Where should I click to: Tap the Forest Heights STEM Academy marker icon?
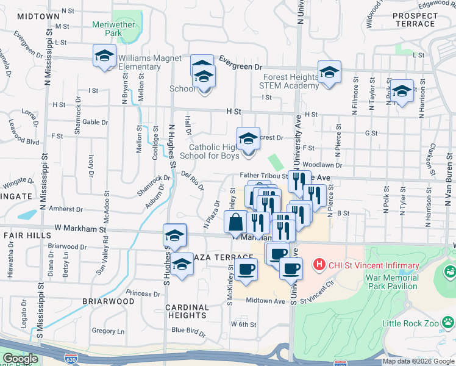[329, 73]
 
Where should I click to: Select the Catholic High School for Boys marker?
[248, 140]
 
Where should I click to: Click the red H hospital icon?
[317, 265]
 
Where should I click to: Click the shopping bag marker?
[236, 222]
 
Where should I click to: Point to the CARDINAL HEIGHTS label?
[187, 311]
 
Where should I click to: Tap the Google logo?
[20, 359]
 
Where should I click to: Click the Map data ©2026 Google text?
[417, 361]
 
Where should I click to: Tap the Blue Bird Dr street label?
[188, 330]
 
